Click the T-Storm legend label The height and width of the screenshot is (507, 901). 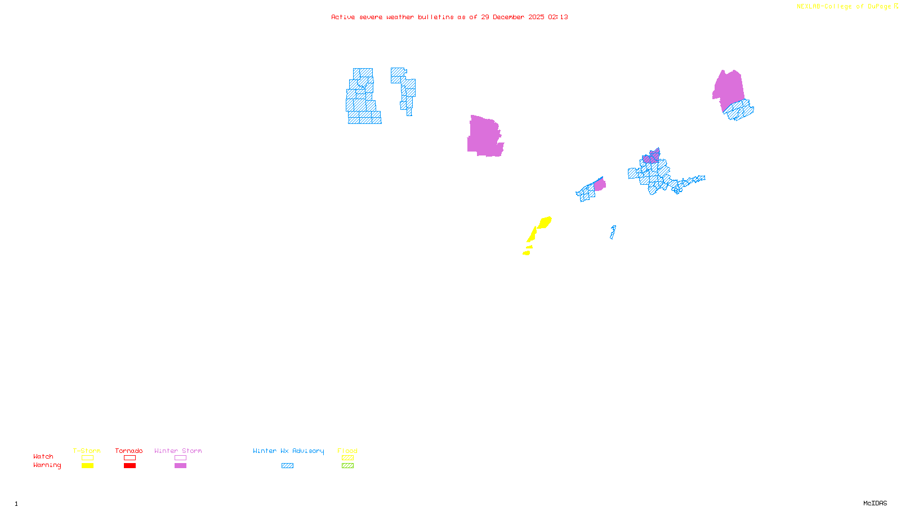point(87,451)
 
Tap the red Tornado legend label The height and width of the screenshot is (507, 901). point(129,451)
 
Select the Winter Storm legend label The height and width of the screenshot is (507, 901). point(178,451)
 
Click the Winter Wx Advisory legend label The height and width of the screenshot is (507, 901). point(288,451)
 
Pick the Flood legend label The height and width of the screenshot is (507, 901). point(347,451)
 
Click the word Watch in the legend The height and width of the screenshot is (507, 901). point(43,456)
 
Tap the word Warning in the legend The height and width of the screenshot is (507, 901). point(47,465)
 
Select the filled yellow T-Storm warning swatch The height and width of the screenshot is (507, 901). point(87,466)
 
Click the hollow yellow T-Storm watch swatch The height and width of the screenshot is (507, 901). point(87,458)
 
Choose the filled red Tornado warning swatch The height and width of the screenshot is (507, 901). point(130,466)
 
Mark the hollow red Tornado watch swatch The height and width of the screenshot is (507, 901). point(130,458)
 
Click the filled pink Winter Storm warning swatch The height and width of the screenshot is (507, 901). point(180,466)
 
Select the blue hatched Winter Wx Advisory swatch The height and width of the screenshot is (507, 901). point(287,466)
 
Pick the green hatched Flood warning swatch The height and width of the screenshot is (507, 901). point(347,466)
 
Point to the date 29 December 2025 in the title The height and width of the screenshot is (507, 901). point(512,17)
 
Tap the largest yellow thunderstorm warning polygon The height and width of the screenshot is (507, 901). point(545,223)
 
